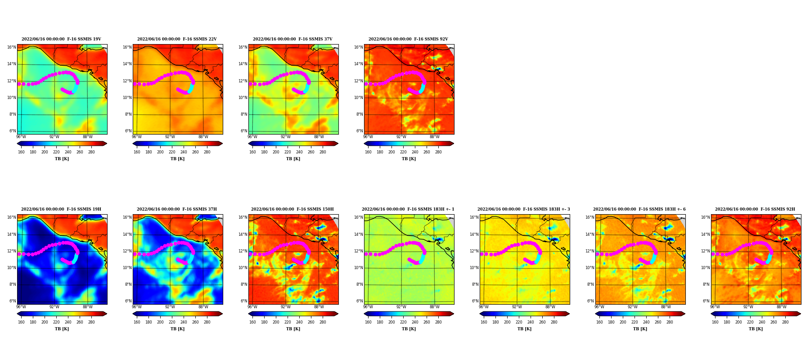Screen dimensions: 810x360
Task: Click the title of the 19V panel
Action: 61,39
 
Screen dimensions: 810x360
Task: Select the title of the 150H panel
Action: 292,209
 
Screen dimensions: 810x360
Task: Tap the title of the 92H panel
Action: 755,209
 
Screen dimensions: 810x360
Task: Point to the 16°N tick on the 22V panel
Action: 127,47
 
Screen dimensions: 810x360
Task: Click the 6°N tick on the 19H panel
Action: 12,301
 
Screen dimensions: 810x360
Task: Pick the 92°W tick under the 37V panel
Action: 286,137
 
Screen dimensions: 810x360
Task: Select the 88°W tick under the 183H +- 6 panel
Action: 666,307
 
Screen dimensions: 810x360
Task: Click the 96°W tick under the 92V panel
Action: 368,137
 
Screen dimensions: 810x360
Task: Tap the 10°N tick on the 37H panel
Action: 127,268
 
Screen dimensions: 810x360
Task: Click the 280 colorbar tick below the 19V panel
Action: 91,152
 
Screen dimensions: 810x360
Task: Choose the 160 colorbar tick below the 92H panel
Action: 715,322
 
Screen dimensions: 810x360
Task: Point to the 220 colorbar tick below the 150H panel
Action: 288,322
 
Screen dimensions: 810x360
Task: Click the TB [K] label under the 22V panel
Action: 177,159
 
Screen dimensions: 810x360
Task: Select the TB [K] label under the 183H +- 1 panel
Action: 409,329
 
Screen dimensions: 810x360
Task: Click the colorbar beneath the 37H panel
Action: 177,314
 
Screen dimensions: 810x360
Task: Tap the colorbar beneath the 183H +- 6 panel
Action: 640,314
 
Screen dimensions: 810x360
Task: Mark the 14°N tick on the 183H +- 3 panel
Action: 474,234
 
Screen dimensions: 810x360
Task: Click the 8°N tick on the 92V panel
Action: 359,114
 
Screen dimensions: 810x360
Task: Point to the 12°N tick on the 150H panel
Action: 243,251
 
